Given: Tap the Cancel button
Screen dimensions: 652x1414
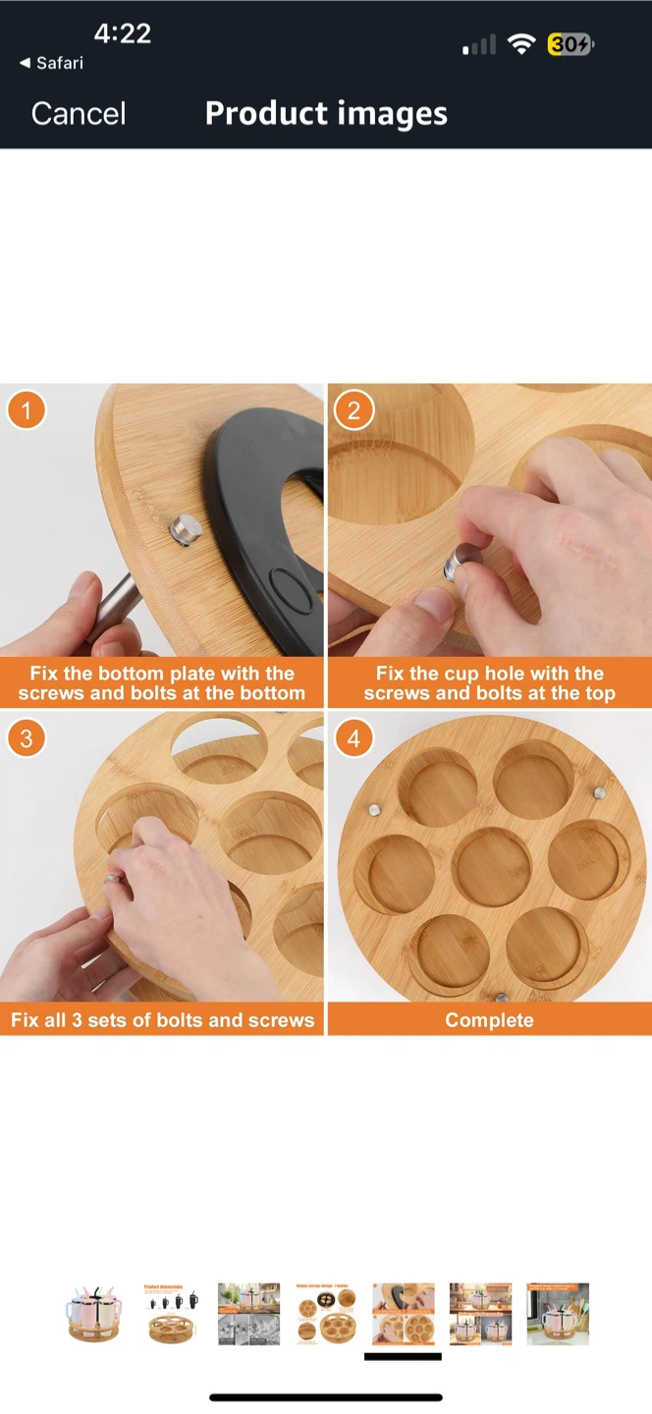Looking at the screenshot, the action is (79, 114).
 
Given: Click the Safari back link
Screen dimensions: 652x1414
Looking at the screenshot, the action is (52, 63).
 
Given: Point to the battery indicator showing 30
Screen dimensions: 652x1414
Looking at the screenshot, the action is (570, 44).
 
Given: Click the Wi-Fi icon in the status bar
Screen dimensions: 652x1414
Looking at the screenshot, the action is (521, 44).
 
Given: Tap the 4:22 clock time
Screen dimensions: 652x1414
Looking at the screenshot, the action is (123, 33).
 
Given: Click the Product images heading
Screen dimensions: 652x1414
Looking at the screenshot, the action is (326, 114).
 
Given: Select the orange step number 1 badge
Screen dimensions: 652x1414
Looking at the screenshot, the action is (26, 410).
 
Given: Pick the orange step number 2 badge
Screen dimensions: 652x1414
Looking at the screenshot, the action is (354, 410).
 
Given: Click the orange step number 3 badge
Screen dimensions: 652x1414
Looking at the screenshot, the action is (26, 738).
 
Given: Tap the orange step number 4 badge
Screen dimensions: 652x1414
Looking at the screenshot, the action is (354, 738).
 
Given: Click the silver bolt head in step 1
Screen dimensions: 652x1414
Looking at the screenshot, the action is (187, 530).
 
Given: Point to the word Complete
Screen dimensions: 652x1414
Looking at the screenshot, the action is (489, 1020).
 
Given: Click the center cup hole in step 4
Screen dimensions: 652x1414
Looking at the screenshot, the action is (492, 866).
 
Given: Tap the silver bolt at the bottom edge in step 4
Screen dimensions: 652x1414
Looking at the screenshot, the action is (502, 998).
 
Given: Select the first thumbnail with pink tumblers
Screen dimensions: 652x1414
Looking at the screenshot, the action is (93, 1314).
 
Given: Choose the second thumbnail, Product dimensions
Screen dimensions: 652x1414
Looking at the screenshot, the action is (171, 1314).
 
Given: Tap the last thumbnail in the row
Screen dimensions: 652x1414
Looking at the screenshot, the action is (558, 1314).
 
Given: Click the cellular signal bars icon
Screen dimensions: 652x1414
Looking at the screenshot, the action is (479, 45).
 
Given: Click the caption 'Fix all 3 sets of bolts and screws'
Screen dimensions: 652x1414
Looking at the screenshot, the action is (162, 1020).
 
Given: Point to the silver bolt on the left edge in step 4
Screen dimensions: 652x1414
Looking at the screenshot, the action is (375, 810).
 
